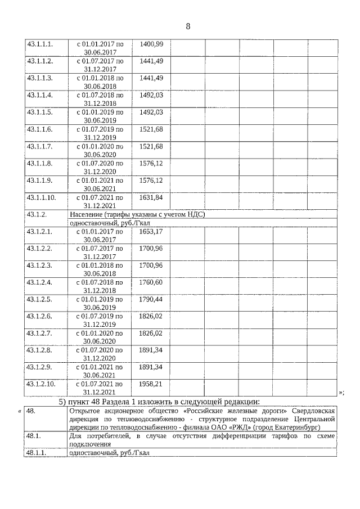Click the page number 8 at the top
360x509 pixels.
[188, 26]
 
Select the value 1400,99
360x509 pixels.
[151, 44]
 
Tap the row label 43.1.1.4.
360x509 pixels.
[39, 95]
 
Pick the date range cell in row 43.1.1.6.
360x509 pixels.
[100, 133]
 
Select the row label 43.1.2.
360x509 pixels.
[36, 214]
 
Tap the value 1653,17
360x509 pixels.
[151, 231]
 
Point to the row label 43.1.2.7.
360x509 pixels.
[39, 333]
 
